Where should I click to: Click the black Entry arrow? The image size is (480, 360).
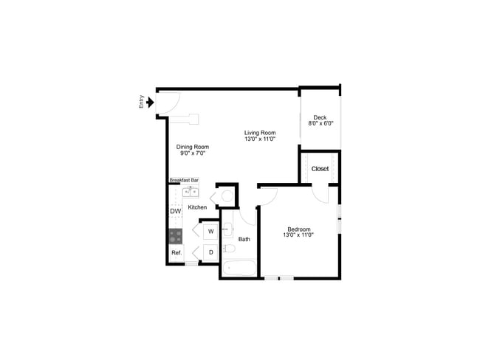[x=151, y=103]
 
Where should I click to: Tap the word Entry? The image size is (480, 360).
[x=141, y=103]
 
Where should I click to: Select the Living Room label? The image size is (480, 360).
[x=260, y=133]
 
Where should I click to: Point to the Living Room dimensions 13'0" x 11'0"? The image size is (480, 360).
[x=260, y=139]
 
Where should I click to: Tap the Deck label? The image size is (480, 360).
[x=320, y=117]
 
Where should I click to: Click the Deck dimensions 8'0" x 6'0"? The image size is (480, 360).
[x=320, y=124]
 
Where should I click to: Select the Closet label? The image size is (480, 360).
[x=320, y=169]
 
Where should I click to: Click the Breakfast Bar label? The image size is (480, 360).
[x=184, y=180]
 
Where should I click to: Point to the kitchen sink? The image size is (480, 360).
[x=191, y=193]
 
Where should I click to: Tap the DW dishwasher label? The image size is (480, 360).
[x=175, y=212]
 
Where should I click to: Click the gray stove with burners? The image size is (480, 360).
[x=176, y=236]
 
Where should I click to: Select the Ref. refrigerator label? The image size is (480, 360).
[x=176, y=253]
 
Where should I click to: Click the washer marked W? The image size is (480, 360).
[x=210, y=232]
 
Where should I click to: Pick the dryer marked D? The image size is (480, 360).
[x=210, y=252]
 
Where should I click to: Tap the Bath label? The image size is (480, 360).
[x=244, y=239]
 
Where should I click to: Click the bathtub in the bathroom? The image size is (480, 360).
[x=239, y=267]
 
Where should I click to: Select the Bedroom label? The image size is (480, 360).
[x=298, y=229]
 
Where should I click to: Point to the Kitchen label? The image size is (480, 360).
[x=197, y=207]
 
